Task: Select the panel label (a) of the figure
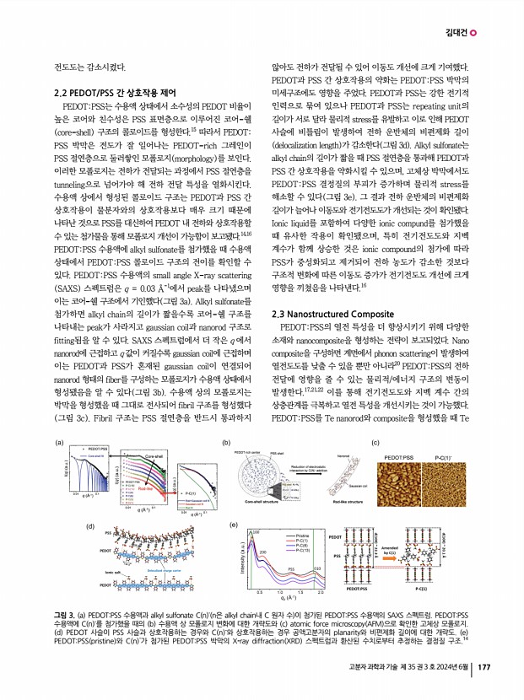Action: coord(59,441)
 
